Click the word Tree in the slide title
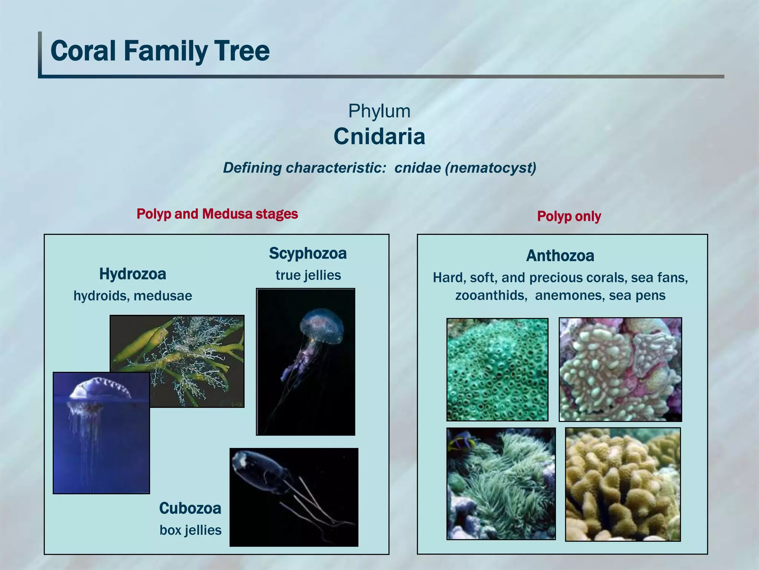(241, 51)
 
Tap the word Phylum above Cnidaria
(379, 111)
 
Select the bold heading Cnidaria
(379, 137)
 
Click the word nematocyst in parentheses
(491, 168)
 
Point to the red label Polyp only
(569, 216)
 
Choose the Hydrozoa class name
(133, 274)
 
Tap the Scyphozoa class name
(308, 253)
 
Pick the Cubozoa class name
(190, 508)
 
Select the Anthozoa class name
(560, 256)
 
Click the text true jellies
(308, 275)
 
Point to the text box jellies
(190, 530)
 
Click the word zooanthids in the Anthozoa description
(491, 295)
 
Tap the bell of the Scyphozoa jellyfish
(321, 327)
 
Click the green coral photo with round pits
(497, 369)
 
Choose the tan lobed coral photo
(623, 484)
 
